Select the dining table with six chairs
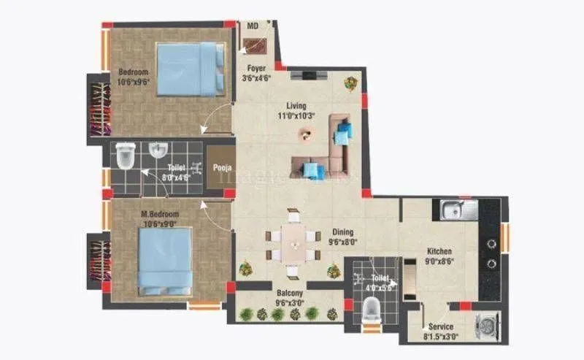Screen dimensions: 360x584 coord(293,244)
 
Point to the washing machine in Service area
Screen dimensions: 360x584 coord(485,323)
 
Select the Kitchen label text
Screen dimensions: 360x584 coord(439,250)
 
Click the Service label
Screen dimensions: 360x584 coord(441,326)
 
